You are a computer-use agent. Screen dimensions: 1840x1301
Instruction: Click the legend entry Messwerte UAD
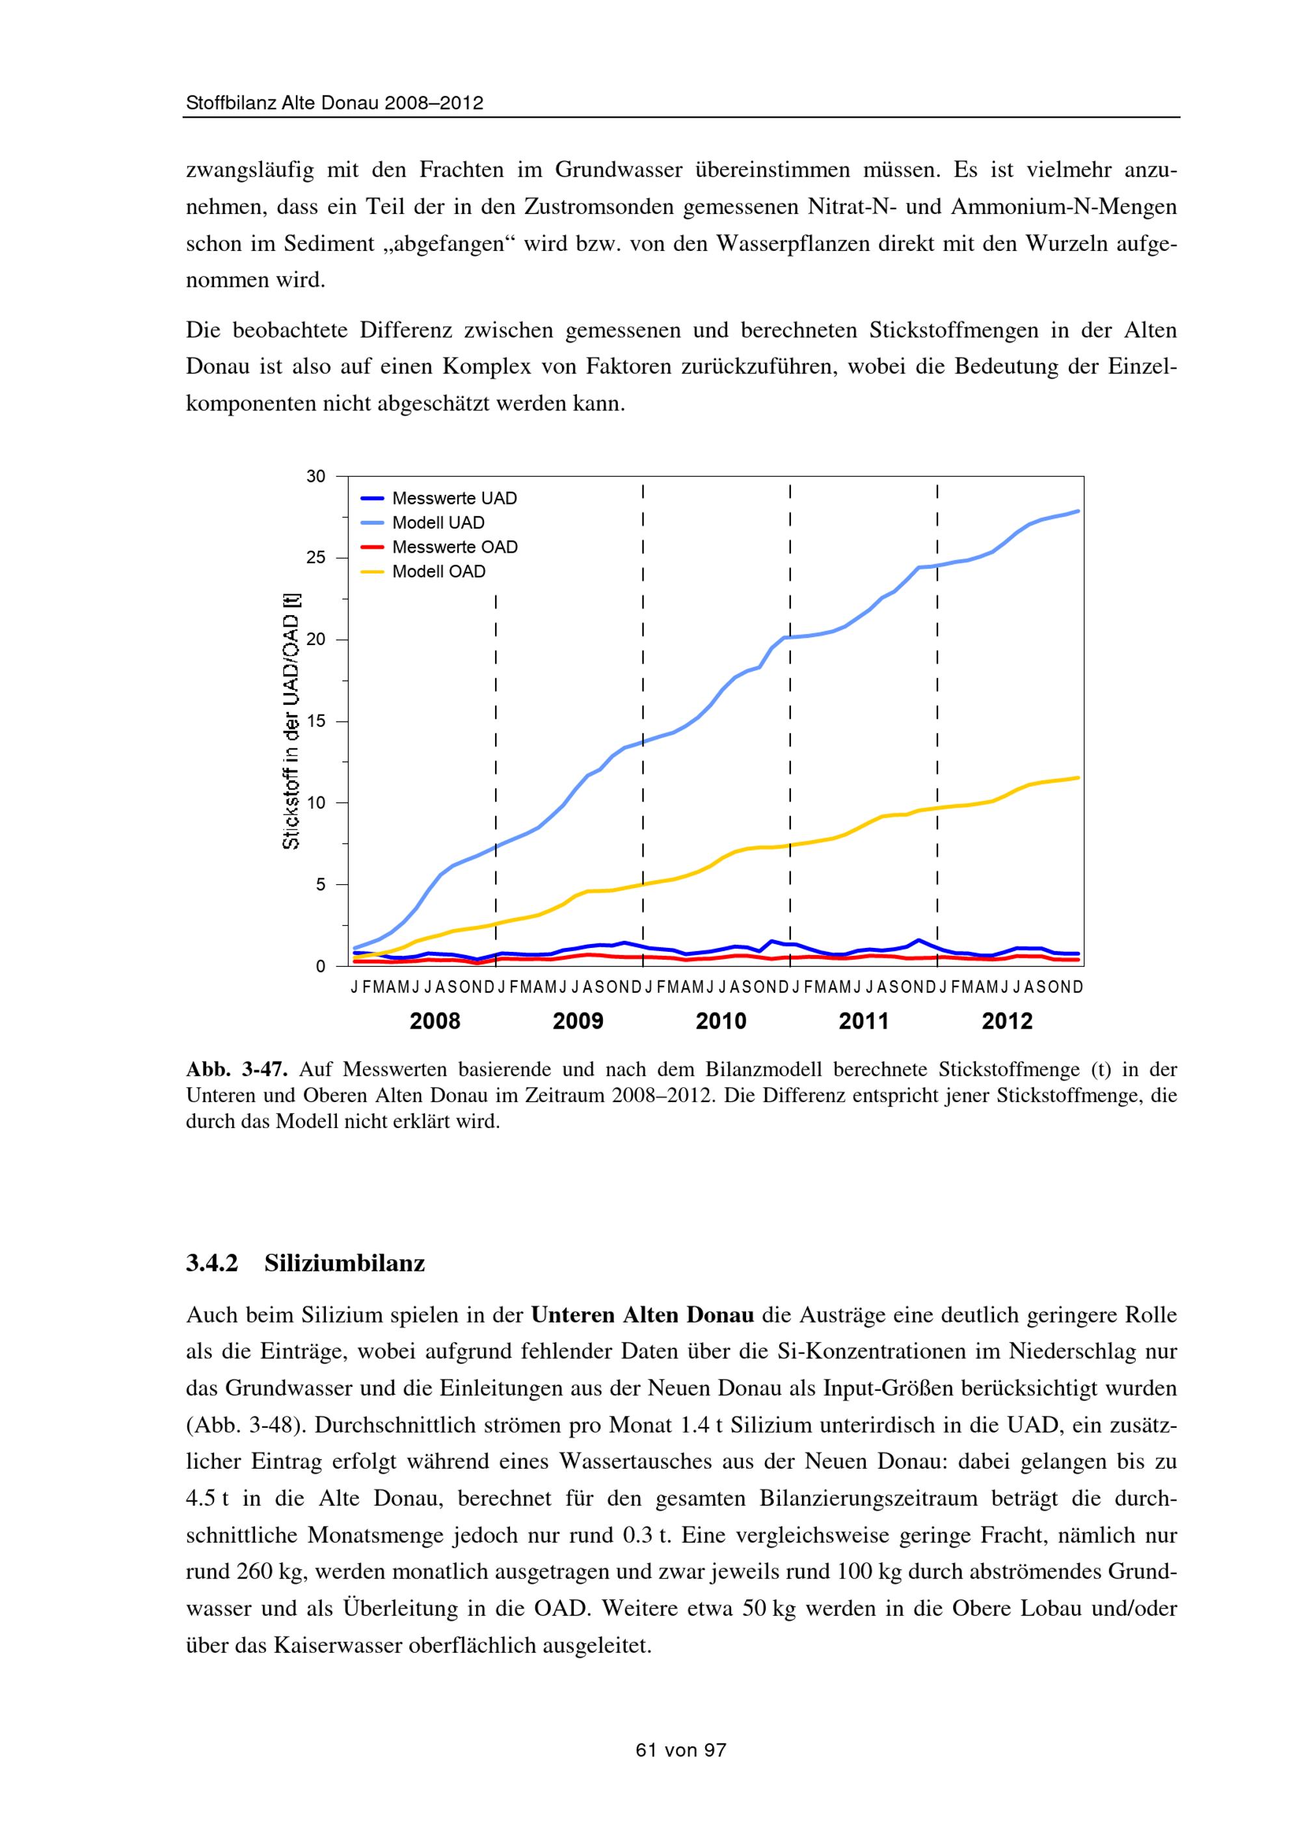453,499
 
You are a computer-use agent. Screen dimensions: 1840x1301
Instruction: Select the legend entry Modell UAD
438,523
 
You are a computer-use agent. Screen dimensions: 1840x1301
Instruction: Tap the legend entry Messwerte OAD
455,547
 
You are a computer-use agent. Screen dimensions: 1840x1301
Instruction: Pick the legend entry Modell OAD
438,572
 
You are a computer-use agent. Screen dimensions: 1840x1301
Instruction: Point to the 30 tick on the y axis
316,477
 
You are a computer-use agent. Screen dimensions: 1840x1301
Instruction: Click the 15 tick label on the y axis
316,721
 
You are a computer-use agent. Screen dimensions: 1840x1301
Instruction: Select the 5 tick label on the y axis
321,885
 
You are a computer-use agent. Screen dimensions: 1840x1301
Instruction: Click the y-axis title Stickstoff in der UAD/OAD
291,720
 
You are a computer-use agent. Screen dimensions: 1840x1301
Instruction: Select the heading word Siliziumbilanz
345,1264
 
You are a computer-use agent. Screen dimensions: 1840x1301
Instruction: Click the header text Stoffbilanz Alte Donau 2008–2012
334,103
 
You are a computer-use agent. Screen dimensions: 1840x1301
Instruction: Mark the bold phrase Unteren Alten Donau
642,1315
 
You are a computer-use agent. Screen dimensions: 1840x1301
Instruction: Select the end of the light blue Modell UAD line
1077,510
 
